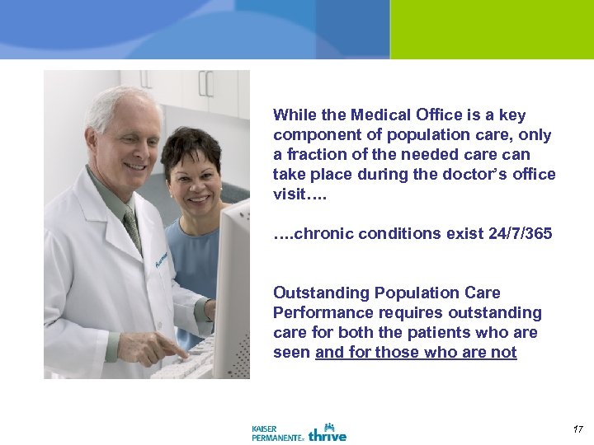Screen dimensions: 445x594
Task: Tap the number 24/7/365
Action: click(519, 234)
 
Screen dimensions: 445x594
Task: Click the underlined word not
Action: click(504, 353)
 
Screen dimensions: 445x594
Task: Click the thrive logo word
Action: click(328, 433)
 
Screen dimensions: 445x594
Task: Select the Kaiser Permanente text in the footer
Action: click(276, 433)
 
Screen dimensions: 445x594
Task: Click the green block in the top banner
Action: click(491, 29)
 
